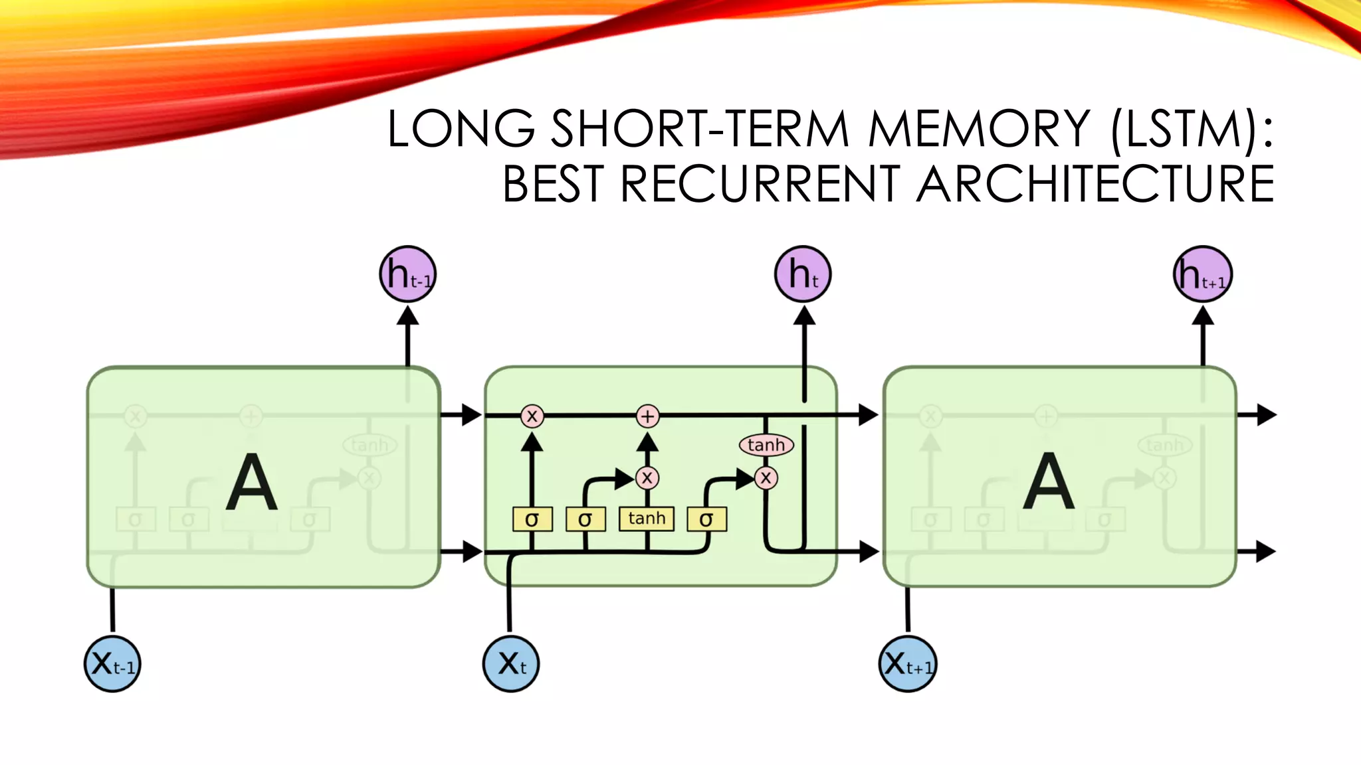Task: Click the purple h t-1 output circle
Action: [408, 274]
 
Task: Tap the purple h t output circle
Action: [803, 274]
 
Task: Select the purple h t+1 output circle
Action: [1203, 274]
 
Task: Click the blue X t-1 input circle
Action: [112, 663]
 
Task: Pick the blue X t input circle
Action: [511, 663]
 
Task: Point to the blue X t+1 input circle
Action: [908, 663]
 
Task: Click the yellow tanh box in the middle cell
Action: [647, 519]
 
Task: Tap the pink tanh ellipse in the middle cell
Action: [766, 445]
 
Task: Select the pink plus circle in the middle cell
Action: [647, 416]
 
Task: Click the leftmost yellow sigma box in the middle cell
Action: [532, 519]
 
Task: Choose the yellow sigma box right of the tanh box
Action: [706, 519]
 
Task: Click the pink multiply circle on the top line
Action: [532, 416]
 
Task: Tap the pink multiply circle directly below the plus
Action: [647, 477]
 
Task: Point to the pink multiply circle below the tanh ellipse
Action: [766, 477]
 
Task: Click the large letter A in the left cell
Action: [252, 482]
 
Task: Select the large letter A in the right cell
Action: [1049, 482]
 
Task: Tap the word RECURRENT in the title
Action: [760, 184]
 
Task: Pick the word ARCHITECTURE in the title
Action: [1095, 184]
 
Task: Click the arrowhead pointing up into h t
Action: [804, 317]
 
